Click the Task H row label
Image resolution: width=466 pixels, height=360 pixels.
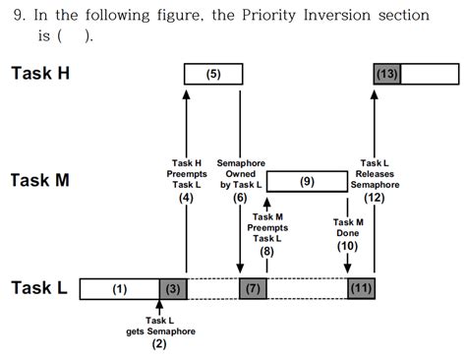coord(44,73)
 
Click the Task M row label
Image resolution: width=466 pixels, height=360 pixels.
coord(44,181)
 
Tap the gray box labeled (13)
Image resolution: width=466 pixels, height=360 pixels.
coord(386,74)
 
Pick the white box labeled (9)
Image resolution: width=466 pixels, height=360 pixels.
coord(307,181)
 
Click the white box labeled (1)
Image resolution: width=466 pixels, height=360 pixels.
coord(119,288)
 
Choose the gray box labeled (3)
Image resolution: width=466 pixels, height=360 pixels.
coord(172,288)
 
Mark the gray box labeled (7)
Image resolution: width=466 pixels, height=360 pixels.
coord(253,288)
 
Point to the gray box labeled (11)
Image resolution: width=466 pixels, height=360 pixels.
coord(361,288)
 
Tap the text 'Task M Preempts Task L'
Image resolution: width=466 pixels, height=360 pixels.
coord(267,228)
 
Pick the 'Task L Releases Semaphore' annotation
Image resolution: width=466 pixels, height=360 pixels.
coord(374,173)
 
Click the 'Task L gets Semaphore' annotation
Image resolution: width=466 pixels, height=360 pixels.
coord(159,326)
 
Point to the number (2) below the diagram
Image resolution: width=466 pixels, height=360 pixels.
coord(159,344)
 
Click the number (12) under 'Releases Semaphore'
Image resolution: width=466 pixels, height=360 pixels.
coord(374,198)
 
